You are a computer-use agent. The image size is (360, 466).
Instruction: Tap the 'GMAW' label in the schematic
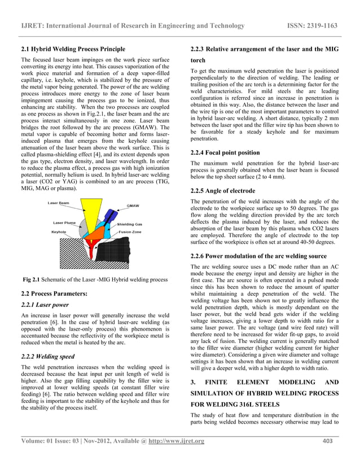click(134, 205)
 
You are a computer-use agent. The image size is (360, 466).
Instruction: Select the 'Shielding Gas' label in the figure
click(130, 223)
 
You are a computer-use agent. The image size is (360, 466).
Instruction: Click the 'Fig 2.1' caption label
click(31, 279)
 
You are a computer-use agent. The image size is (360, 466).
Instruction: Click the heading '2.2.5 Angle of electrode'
click(223, 191)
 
